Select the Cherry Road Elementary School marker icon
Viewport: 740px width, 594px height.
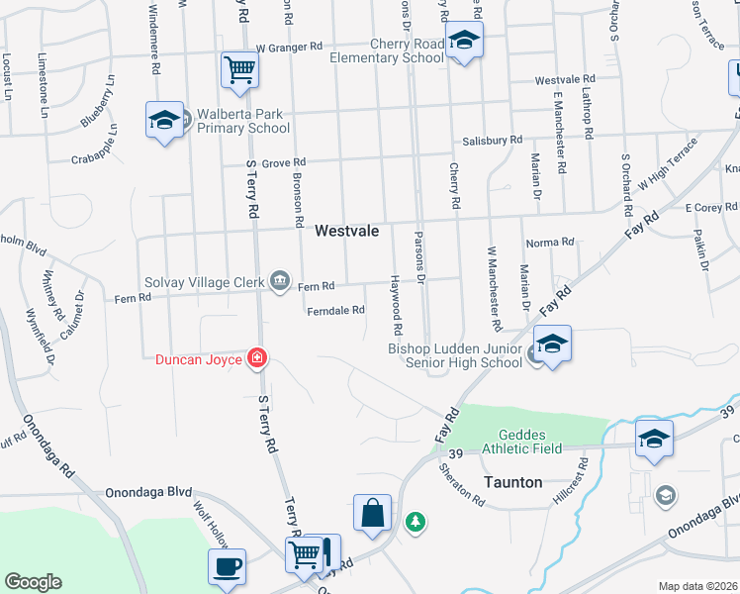tap(461, 42)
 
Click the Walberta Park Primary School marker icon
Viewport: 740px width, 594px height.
tap(164, 121)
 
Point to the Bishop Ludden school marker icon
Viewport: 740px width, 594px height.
tap(552, 346)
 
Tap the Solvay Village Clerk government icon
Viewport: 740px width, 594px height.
tap(280, 283)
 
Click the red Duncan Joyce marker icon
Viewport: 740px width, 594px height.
tap(256, 358)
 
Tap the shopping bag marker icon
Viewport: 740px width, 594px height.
tap(372, 514)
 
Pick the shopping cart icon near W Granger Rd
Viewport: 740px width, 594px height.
tap(238, 70)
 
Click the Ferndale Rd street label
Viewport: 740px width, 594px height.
tap(336, 310)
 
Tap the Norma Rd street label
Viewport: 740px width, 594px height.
tap(550, 242)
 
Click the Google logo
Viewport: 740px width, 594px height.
tap(33, 582)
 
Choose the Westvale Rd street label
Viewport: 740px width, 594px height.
tap(564, 79)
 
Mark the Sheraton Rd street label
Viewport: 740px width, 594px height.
tap(461, 484)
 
